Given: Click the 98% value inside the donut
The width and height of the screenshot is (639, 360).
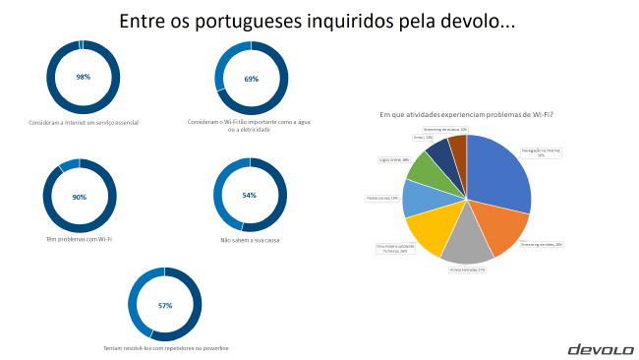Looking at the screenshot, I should (83, 77).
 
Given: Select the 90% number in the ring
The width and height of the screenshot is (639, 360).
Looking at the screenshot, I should (80, 197).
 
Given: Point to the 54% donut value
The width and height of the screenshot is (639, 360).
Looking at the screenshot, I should (249, 195).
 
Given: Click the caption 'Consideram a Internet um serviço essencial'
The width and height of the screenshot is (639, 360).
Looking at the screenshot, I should (83, 122).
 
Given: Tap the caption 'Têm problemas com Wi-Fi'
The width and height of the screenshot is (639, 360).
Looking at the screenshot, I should (81, 240).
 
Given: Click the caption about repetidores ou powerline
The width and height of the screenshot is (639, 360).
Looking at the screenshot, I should (165, 348).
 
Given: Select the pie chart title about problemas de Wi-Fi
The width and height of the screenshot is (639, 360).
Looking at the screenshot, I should (466, 115).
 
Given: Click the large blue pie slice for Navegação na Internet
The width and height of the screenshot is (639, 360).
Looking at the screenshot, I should (500, 171).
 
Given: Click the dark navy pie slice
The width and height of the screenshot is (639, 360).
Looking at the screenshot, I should (440, 151).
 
